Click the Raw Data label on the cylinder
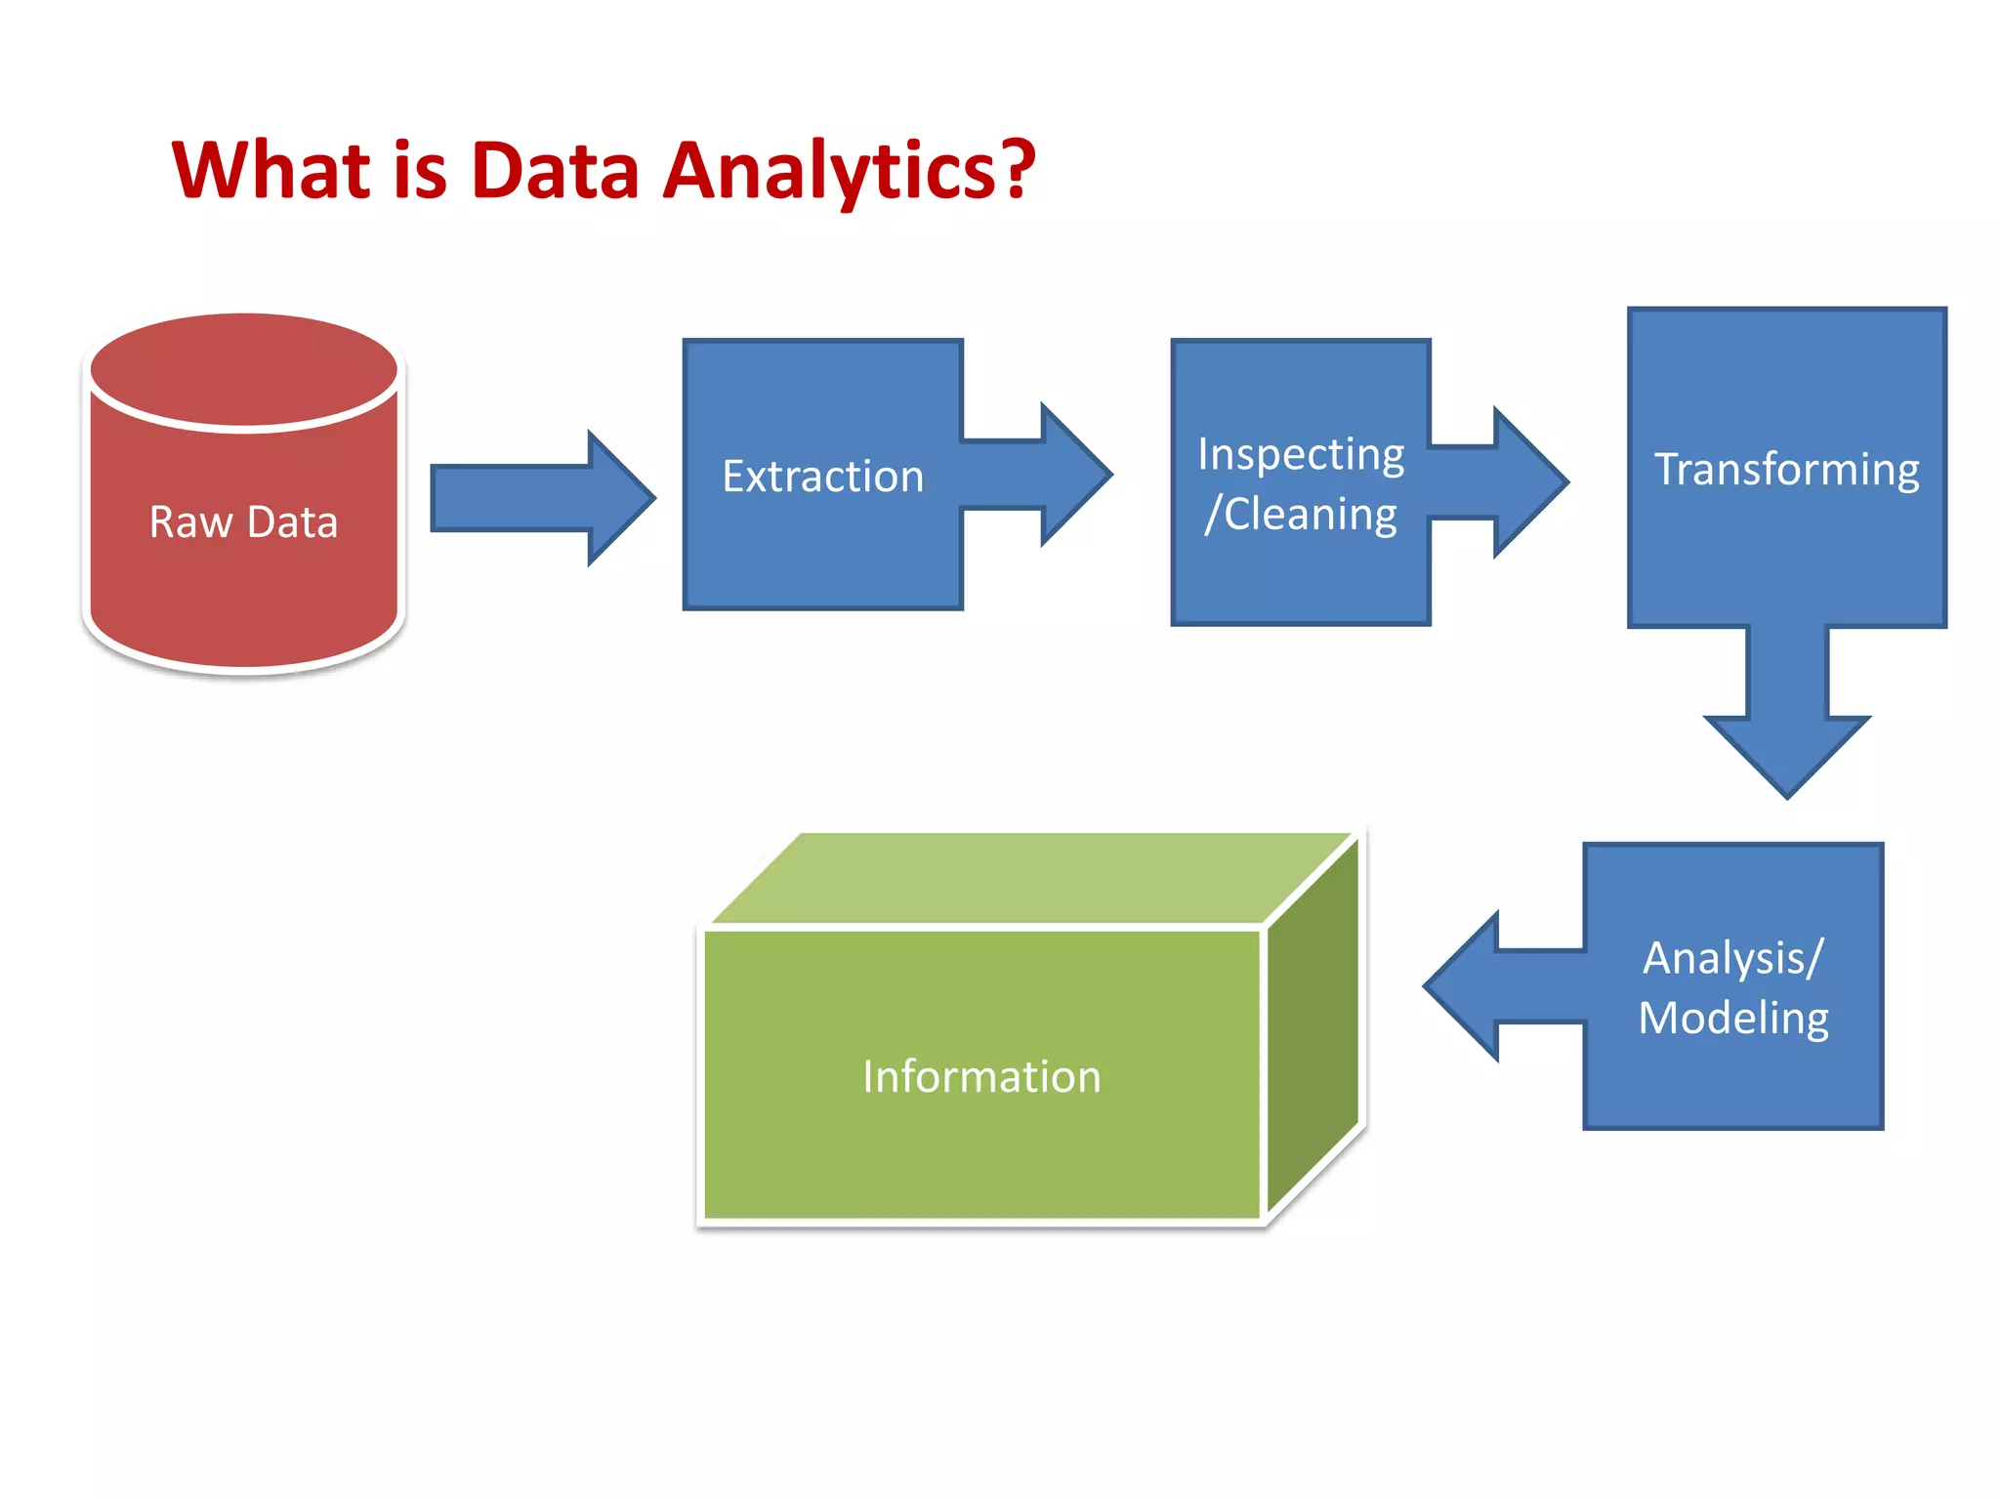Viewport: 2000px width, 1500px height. point(243,521)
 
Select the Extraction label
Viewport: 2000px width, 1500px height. point(822,477)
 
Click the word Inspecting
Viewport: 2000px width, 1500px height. point(1300,454)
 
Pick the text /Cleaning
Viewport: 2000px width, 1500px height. point(1300,515)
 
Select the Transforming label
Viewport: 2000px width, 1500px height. point(1786,470)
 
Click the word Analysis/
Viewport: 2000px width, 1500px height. point(1732,958)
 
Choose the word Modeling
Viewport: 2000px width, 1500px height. point(1732,1019)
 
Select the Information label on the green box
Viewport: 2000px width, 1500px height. point(981,1076)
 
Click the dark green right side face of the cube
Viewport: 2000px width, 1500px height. point(1312,1025)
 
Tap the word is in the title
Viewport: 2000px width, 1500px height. point(420,170)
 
